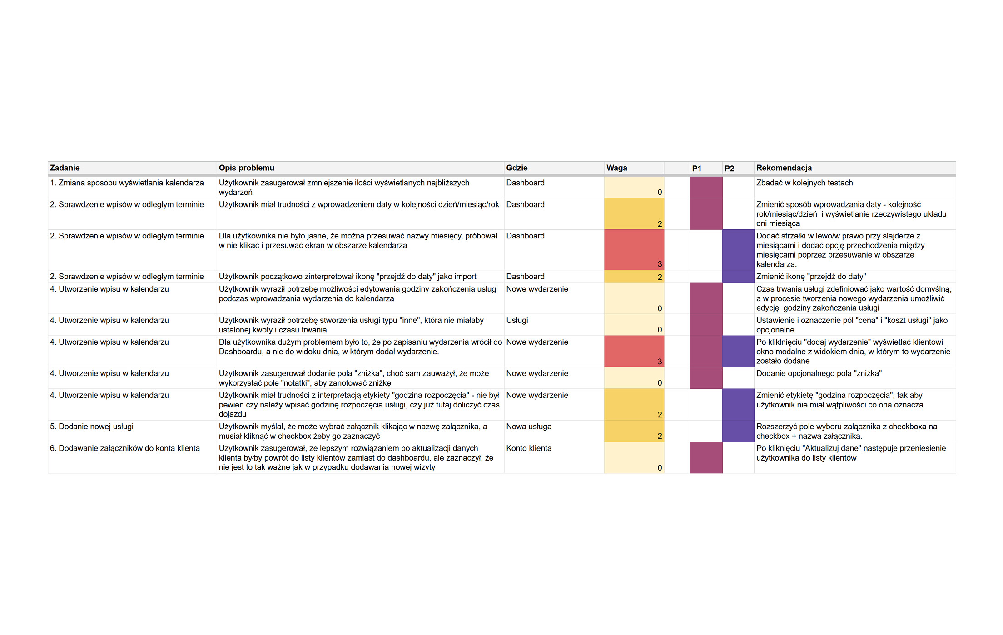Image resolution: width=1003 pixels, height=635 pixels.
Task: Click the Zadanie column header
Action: click(x=65, y=168)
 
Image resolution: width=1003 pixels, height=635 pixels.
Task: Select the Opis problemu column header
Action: click(x=247, y=168)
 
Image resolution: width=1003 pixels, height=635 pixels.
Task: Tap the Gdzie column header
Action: click(x=517, y=168)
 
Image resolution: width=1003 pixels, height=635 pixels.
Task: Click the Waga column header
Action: click(x=617, y=168)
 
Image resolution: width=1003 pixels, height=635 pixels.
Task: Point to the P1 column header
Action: click(x=697, y=169)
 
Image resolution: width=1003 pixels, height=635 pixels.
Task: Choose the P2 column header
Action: click(x=730, y=169)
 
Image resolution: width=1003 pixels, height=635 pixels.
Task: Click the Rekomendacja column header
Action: click(x=784, y=168)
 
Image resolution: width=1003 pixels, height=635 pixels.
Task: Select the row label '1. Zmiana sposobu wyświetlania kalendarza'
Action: click(x=127, y=183)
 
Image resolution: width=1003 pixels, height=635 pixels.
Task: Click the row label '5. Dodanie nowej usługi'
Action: click(x=92, y=427)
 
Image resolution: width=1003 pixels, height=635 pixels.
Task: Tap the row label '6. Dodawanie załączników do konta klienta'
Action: click(x=125, y=449)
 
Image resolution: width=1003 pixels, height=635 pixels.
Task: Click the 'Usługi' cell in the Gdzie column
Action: click(x=517, y=321)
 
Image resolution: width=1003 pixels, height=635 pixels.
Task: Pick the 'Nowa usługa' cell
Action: click(x=529, y=427)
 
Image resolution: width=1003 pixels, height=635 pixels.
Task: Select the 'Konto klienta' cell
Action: click(x=529, y=449)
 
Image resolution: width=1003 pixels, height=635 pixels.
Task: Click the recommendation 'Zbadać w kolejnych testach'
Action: click(x=804, y=183)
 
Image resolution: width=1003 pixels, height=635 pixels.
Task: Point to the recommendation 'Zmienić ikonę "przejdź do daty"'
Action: click(x=811, y=277)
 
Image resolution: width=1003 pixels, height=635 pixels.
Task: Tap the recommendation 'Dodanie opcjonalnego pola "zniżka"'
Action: click(x=819, y=374)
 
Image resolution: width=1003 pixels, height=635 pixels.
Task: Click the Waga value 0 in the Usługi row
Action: click(x=660, y=330)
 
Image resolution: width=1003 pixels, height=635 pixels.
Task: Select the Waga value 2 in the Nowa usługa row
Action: click(x=660, y=436)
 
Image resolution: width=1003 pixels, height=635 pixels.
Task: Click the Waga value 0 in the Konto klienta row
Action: click(x=660, y=468)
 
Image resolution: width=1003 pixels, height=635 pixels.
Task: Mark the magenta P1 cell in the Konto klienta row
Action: click(x=706, y=458)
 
